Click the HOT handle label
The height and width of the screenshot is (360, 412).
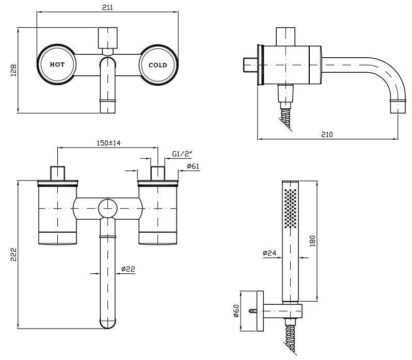57,66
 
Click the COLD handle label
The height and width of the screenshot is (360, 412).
157,66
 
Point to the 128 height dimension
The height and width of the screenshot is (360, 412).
14,70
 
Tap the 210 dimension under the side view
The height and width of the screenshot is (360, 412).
326,134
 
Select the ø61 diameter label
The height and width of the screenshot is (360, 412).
193,166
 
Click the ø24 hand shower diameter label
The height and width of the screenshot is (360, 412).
269,253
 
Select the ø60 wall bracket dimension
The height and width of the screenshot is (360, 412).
237,311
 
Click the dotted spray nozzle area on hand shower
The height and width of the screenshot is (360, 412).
291,208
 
